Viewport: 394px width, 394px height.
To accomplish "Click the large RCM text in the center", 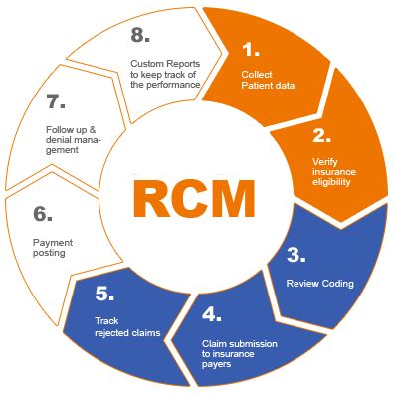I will coord(197,200).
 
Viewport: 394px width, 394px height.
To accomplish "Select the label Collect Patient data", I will coord(269,79).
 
